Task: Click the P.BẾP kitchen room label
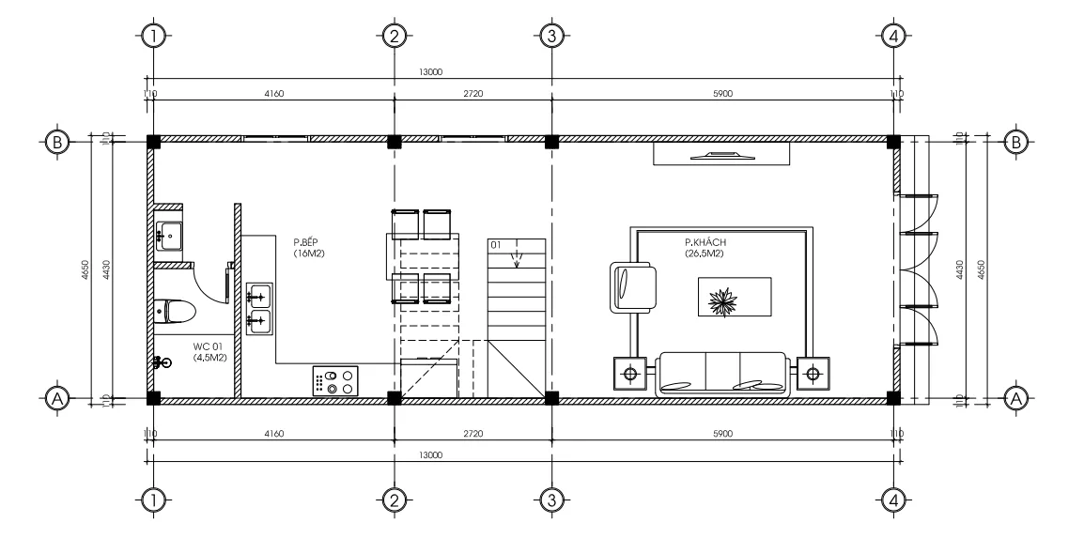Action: pos(307,248)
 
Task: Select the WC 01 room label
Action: pos(209,352)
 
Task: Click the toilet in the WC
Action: pos(175,310)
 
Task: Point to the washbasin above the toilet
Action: pos(170,234)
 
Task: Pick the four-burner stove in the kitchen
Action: pos(336,381)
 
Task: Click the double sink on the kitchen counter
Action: pos(258,308)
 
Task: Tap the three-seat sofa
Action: pos(722,374)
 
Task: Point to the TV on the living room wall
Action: pos(720,154)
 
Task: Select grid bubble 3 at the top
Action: pos(552,36)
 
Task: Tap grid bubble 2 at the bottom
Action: pos(394,500)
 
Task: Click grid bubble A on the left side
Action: pos(56,398)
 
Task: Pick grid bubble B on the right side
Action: pos(1015,142)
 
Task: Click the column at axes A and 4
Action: pos(893,398)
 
